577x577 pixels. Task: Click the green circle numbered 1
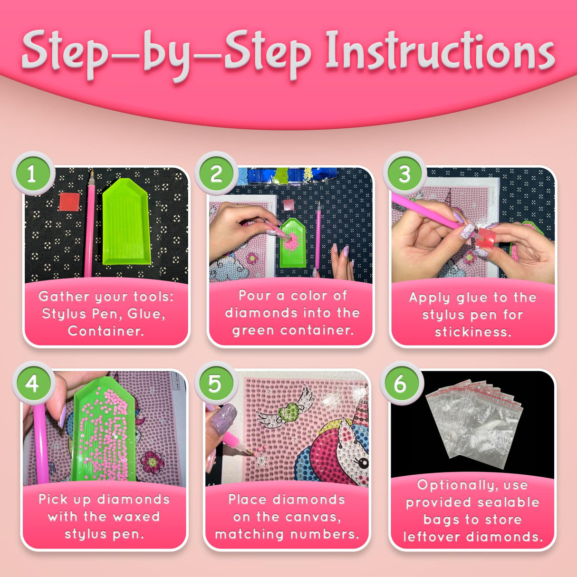pos(33,173)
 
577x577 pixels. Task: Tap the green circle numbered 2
pos(216,173)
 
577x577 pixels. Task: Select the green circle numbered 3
pos(404,173)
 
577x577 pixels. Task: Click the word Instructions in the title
pos(440,51)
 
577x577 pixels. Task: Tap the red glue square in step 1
pos(69,202)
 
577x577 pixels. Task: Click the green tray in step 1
pos(126,221)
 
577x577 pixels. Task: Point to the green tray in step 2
pos(292,243)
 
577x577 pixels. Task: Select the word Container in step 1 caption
pos(106,331)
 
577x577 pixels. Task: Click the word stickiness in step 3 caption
pos(473,332)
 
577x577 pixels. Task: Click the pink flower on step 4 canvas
pos(153,462)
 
